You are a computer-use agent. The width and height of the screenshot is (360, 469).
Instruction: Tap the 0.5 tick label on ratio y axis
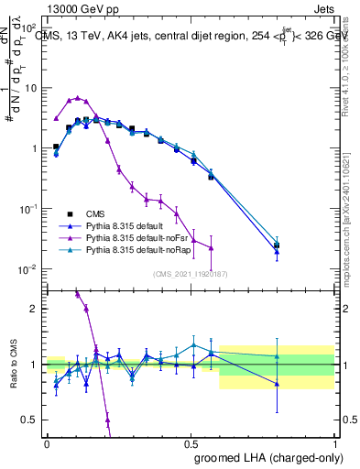(30, 420)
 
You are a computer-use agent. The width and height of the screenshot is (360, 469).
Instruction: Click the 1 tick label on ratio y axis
(34, 365)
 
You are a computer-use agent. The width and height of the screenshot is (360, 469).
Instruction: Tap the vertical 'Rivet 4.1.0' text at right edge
(352, 64)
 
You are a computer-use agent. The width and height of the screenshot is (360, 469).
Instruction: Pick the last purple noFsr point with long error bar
(212, 248)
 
